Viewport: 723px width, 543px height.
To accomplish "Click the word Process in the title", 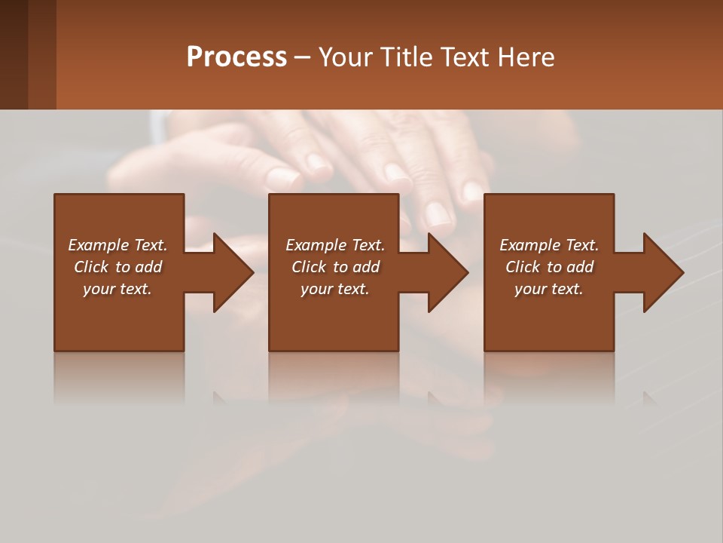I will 236,57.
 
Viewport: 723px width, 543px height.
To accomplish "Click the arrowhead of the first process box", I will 233,272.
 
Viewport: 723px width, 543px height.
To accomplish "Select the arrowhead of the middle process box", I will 448,272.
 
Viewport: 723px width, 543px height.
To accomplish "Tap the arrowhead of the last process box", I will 664,272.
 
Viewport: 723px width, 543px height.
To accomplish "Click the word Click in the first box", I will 91,267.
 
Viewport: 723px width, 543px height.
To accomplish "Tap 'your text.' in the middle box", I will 335,289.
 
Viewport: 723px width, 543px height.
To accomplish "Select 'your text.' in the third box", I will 549,289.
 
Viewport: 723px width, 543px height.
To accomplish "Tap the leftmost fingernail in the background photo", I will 283,178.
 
